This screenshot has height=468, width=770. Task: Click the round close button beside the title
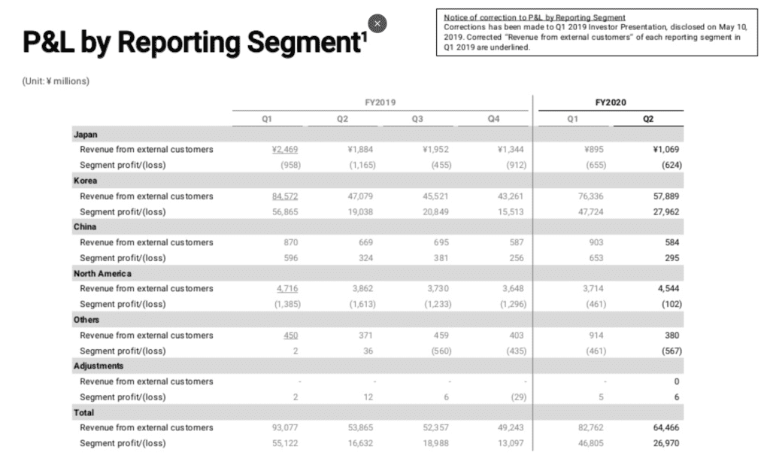coord(379,24)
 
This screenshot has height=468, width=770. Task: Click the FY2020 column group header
coord(610,102)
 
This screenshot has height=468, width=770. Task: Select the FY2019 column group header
coord(376,102)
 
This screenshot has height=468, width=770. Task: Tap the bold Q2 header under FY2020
coord(647,119)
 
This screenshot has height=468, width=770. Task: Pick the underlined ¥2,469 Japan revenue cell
coord(286,150)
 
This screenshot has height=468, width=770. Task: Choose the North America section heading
coord(102,273)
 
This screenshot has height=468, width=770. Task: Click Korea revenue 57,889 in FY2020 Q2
coord(666,196)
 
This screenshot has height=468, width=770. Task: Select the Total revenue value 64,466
coord(666,427)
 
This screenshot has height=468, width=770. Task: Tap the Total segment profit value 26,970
coord(666,443)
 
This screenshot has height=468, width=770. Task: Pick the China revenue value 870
coord(292,242)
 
